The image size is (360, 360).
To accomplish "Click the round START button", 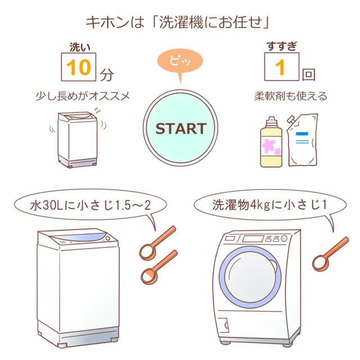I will tap(181, 128).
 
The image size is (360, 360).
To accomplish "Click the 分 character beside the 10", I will tap(106, 74).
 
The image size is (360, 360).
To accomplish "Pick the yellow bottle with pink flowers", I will tap(272, 143).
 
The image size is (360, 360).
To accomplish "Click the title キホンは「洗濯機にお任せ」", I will tap(179, 22).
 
